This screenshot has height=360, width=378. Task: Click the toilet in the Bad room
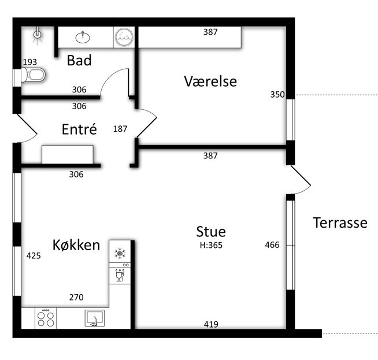tap(34, 75)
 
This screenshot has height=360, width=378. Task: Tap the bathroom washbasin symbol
tap(83, 38)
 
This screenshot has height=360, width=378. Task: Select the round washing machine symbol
tap(124, 38)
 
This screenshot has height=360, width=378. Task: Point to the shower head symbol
tap(37, 35)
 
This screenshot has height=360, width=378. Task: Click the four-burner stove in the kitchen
tap(46, 318)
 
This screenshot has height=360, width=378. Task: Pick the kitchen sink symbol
tap(95, 318)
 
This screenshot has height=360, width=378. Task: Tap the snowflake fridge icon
tap(120, 253)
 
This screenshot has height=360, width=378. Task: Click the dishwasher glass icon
tap(120, 275)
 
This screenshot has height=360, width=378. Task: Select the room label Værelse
tap(210, 81)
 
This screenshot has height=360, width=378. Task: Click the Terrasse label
tap(340, 222)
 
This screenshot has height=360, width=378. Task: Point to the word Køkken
tap(76, 245)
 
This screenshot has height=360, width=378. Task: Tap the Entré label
tap(79, 129)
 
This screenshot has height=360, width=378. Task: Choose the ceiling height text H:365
tap(211, 245)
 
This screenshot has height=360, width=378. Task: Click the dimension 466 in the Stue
tap(272, 245)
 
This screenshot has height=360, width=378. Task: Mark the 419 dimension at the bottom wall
tap(211, 324)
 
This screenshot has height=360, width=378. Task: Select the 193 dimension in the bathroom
tap(30, 62)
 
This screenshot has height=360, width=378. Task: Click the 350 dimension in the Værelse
tap(277, 94)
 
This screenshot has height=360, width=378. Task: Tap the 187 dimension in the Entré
tap(120, 129)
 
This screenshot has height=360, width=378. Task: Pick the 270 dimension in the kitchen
tap(76, 298)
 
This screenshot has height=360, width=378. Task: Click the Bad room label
tap(79, 60)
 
